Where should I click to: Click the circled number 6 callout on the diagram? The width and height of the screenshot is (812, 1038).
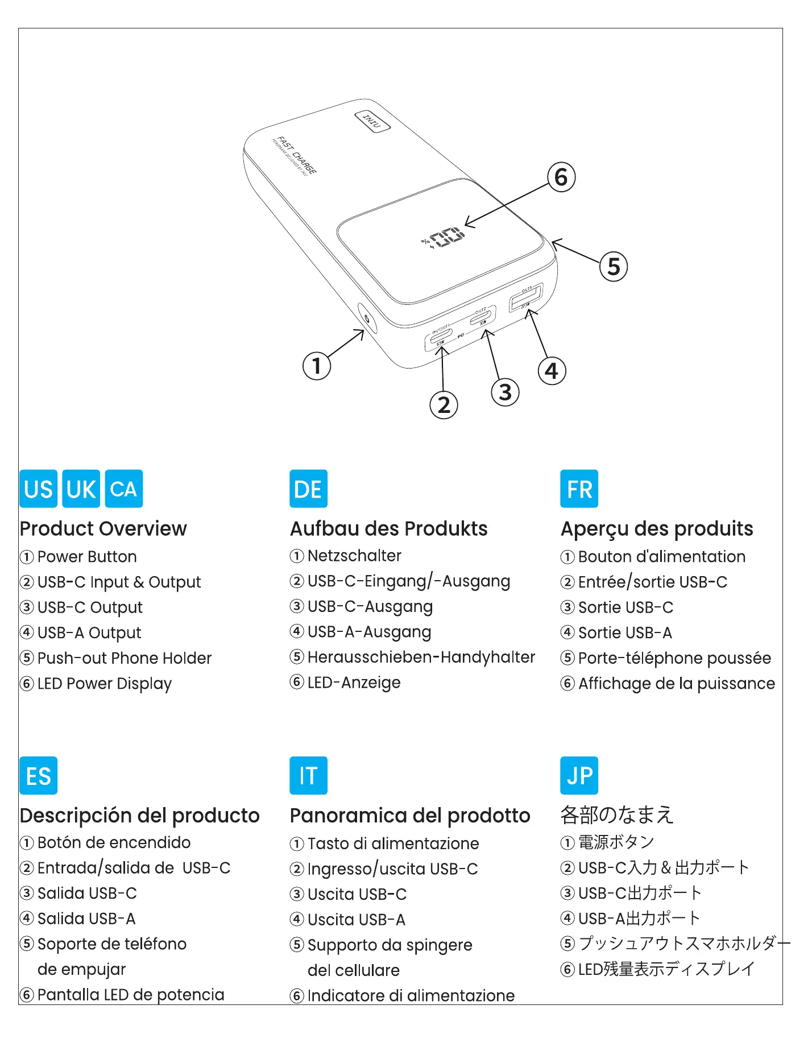[x=561, y=177]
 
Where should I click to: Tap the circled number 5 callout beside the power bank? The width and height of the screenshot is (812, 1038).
[x=614, y=266]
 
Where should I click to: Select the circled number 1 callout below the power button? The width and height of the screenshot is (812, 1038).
[x=317, y=365]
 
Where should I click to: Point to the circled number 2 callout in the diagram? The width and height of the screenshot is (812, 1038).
[x=444, y=405]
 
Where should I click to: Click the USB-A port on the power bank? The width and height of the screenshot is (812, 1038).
[x=526, y=297]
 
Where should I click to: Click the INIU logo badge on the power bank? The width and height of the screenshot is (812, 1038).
[x=372, y=121]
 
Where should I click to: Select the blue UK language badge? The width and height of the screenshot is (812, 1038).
[x=81, y=489]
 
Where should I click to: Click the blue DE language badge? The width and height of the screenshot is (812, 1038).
[x=308, y=489]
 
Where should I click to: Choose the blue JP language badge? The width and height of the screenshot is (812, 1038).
[x=579, y=775]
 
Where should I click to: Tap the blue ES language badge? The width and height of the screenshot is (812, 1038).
[x=38, y=775]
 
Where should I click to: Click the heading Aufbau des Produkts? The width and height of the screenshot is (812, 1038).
[x=388, y=528]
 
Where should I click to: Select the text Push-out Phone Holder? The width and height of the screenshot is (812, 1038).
[x=124, y=658]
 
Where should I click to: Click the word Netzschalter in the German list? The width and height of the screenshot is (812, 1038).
[x=354, y=556]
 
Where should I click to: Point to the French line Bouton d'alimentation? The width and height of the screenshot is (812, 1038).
[x=661, y=556]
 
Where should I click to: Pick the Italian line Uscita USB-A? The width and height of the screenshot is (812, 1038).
[x=356, y=919]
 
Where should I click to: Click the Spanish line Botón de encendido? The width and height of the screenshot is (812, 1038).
[x=114, y=842]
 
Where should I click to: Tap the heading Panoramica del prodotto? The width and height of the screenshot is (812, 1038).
[x=409, y=815]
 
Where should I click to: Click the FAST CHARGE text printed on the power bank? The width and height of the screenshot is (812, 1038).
[x=296, y=155]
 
